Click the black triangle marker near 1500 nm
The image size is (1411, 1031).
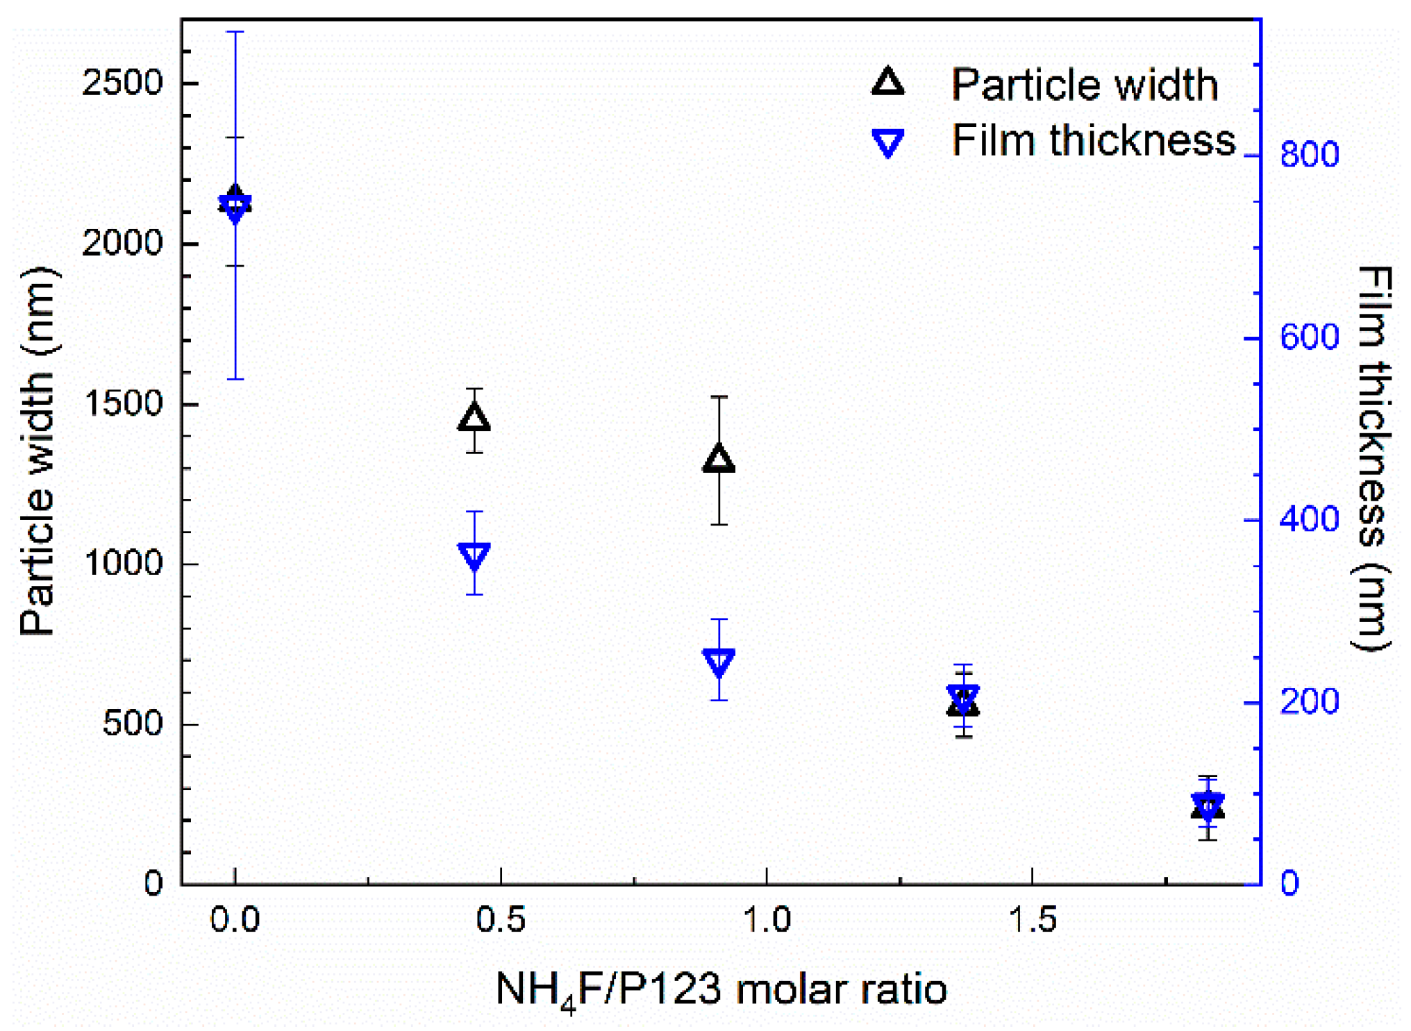[474, 418]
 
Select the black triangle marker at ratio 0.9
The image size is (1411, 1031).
[719, 459]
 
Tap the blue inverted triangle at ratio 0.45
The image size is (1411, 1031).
[474, 555]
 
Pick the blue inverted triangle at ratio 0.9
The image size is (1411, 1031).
[719, 662]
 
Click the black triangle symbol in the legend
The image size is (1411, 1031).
[888, 83]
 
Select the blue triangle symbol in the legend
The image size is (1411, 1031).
[888, 142]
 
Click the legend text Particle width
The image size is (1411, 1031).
[1084, 85]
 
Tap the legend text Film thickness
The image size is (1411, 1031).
[1094, 140]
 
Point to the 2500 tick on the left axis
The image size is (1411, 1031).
[122, 83]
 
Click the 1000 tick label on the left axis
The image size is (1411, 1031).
[122, 563]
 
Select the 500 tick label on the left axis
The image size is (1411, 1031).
[132, 723]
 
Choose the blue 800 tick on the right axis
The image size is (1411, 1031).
[1309, 154]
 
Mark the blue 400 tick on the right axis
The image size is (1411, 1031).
[1309, 519]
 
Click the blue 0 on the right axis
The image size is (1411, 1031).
[1289, 883]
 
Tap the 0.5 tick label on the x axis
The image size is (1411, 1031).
[500, 919]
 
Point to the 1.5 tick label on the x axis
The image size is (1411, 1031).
[1032, 919]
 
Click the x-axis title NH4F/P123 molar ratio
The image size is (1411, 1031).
[720, 989]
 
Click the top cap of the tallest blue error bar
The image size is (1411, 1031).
[235, 32]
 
